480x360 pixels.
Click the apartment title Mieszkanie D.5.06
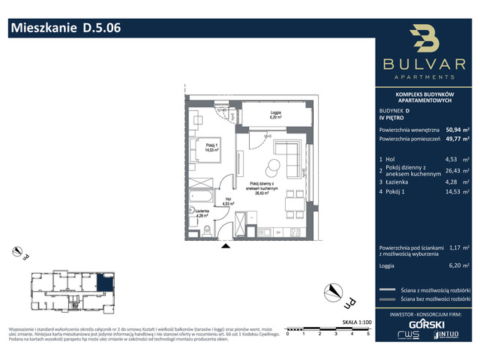coord(64,29)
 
